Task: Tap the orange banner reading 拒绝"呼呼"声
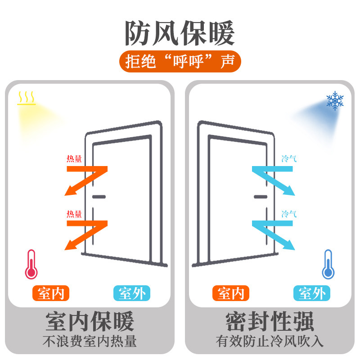tap(180, 62)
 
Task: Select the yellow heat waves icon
tap(27, 98)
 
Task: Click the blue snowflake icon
tap(335, 101)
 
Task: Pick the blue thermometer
tap(328, 264)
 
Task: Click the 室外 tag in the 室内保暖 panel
tap(131, 293)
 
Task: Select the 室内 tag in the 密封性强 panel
tap(230, 293)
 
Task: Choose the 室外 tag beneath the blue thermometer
tap(312, 293)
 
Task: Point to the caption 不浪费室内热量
tap(90, 342)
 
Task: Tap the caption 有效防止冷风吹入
tap(270, 342)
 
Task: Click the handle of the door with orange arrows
tap(99, 197)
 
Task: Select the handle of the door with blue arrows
tap(261, 197)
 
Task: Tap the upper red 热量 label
tap(74, 158)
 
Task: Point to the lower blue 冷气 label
tap(289, 213)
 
